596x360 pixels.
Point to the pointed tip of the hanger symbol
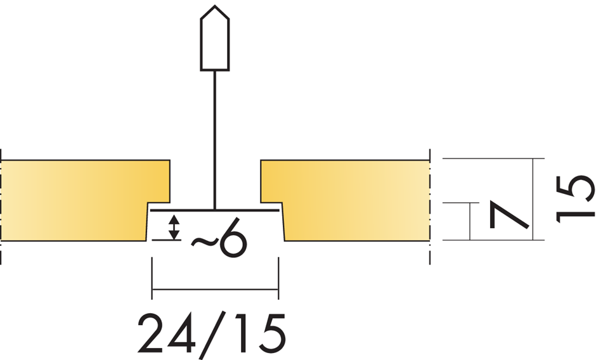pyautogui.click(x=214, y=8)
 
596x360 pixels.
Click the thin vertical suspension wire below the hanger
pyautogui.click(x=215, y=139)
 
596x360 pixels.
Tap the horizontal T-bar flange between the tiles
pyautogui.click(x=215, y=210)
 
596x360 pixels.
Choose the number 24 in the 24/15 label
pyautogui.click(x=167, y=333)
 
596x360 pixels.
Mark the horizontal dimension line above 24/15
pyautogui.click(x=215, y=291)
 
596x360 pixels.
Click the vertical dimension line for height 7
pyautogui.click(x=470, y=221)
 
